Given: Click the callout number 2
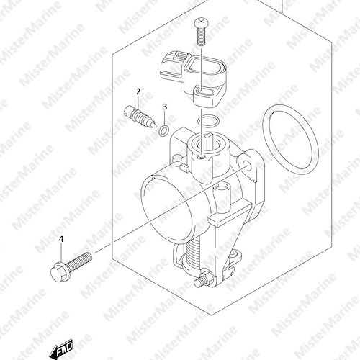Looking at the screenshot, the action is pyautogui.click(x=138, y=91).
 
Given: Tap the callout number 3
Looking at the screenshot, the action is pyautogui.click(x=164, y=107).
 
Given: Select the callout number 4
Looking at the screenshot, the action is pyautogui.click(x=61, y=239).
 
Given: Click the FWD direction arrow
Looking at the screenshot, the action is pyautogui.click(x=61, y=348).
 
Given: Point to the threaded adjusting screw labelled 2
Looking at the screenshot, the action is pyautogui.click(x=140, y=117).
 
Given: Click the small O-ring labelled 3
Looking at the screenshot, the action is pyautogui.click(x=164, y=130).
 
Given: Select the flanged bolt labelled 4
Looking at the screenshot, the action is pyautogui.click(x=71, y=267).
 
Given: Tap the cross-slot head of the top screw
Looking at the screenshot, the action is pyautogui.click(x=201, y=23).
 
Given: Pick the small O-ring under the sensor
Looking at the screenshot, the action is pyautogui.click(x=208, y=120).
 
